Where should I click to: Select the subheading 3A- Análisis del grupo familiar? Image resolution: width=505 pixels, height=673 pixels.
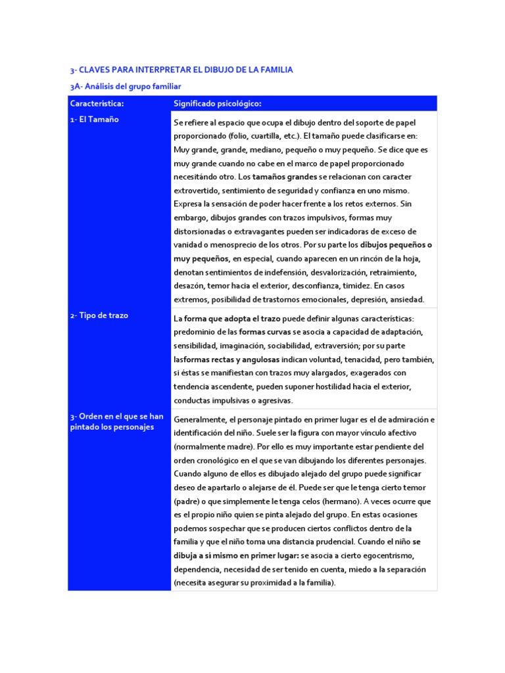tap(125, 86)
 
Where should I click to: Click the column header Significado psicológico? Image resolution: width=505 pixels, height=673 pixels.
tap(217, 103)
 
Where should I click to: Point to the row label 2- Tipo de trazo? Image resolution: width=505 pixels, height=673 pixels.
tap(99, 315)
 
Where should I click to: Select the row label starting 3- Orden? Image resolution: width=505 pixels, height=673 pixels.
tap(116, 422)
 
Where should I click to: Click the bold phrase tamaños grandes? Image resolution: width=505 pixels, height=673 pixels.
tap(284, 177)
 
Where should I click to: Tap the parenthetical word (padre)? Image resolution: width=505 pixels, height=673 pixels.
tap(187, 501)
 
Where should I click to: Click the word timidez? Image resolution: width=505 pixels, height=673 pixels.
tap(354, 287)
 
